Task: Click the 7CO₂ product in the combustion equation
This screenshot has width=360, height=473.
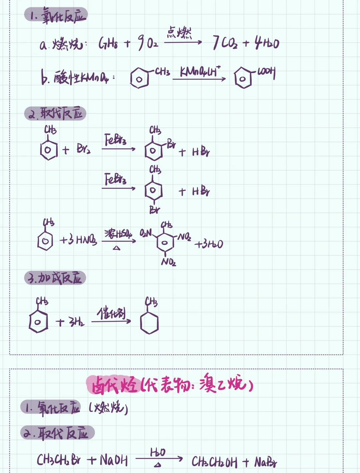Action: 225,43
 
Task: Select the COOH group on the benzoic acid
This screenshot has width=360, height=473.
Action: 266,72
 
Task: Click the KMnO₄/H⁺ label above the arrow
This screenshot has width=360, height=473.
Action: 199,72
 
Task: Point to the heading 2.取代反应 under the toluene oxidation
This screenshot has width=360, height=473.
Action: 55,114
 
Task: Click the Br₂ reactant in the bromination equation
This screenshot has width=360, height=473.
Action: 83,149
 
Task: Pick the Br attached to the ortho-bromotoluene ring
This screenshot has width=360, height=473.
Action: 171,144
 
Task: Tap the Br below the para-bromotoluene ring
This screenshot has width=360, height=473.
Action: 154,210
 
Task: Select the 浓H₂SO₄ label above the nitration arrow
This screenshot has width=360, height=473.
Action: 118,234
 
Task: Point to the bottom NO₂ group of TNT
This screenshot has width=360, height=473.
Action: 169,262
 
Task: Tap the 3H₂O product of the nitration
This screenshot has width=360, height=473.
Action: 209,244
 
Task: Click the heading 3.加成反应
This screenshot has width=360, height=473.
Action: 55,278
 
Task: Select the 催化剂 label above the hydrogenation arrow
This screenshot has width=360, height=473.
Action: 112,314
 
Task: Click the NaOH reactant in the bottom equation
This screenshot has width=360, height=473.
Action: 113,461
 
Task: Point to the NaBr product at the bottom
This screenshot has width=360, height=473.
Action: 266,462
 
